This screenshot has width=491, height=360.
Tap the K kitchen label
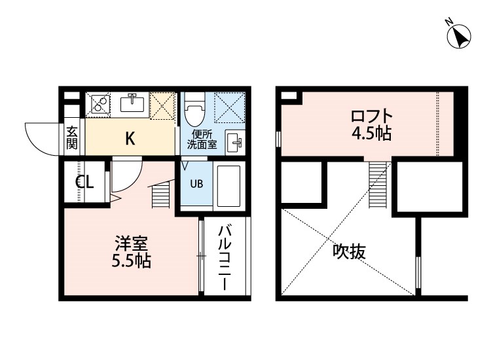(x=130, y=139)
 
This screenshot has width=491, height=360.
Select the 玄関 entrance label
(x=72, y=137)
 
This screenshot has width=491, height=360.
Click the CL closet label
(x=84, y=182)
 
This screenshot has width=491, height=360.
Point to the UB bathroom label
(x=196, y=183)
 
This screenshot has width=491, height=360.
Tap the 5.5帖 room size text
(x=130, y=262)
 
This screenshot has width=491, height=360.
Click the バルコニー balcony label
(x=225, y=258)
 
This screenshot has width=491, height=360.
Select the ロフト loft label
(x=371, y=117)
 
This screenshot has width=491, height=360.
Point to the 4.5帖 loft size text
(x=371, y=135)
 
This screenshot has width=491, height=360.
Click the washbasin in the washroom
(x=235, y=141)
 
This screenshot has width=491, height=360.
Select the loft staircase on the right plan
(x=378, y=184)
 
